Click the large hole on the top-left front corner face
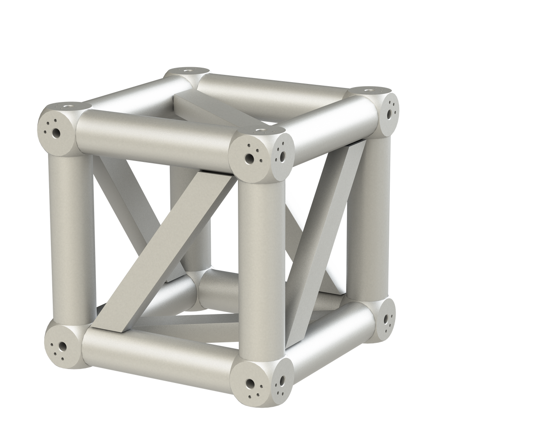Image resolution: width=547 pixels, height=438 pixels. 56,134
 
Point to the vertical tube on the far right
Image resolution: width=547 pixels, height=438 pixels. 374,217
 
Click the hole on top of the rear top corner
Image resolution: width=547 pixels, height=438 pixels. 187,70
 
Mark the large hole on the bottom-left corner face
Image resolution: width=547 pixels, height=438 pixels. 61,346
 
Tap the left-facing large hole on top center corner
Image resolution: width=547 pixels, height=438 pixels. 249,158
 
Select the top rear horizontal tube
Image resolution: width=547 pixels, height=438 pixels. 270,90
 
